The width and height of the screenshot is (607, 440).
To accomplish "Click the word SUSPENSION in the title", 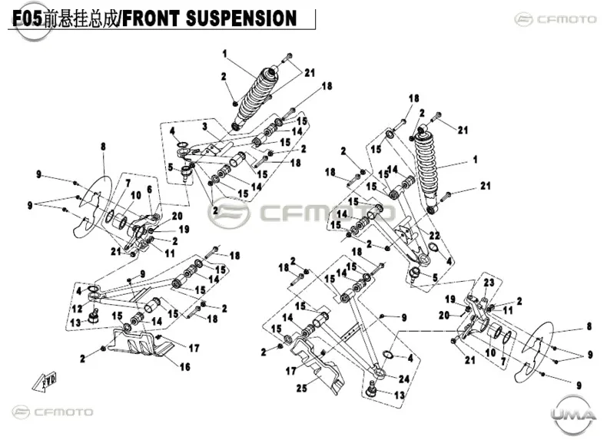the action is (x=241, y=18).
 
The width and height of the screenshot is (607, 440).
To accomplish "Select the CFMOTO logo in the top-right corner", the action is (x=556, y=19).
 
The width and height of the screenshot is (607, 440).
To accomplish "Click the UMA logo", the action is (x=574, y=415).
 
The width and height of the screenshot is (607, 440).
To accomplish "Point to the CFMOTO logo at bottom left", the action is (x=52, y=412).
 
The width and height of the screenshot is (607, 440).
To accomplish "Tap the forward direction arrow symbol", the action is (x=45, y=380).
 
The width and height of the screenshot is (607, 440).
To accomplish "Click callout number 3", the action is (x=205, y=126).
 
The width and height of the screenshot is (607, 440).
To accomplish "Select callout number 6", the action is (x=149, y=190).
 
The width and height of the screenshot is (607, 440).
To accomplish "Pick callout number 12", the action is (x=77, y=309).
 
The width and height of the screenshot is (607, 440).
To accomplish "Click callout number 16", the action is (x=185, y=366).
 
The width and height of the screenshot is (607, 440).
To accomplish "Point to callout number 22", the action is (x=434, y=235).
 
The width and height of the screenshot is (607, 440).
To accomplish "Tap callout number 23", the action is (x=489, y=283).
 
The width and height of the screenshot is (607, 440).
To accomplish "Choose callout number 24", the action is (x=403, y=379).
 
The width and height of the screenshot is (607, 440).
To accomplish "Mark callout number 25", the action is (x=301, y=388).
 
